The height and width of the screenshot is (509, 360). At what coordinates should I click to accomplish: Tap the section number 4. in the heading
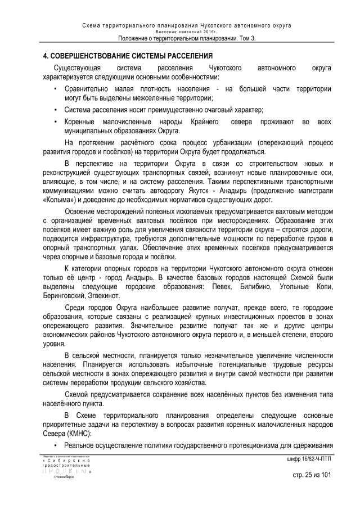pyautogui.click(x=46, y=57)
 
